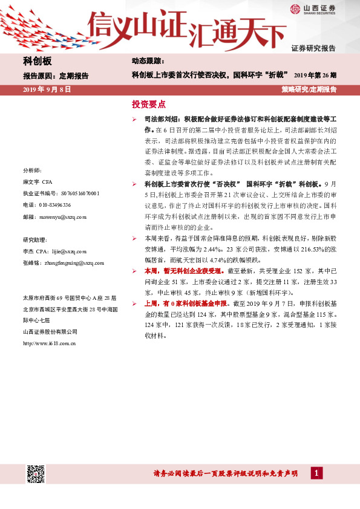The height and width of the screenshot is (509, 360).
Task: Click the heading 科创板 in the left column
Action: tap(38, 62)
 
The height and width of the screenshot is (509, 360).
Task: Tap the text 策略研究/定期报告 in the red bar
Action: tap(309, 89)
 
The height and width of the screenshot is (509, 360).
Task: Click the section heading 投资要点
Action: tap(148, 104)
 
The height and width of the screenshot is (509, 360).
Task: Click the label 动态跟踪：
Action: tap(148, 62)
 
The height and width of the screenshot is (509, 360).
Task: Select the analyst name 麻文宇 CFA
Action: tap(38, 182)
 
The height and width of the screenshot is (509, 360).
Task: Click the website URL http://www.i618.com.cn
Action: tap(49, 343)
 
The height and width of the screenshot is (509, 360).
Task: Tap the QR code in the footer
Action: tap(36, 473)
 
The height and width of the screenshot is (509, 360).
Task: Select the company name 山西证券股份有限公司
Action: tap(50, 331)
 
